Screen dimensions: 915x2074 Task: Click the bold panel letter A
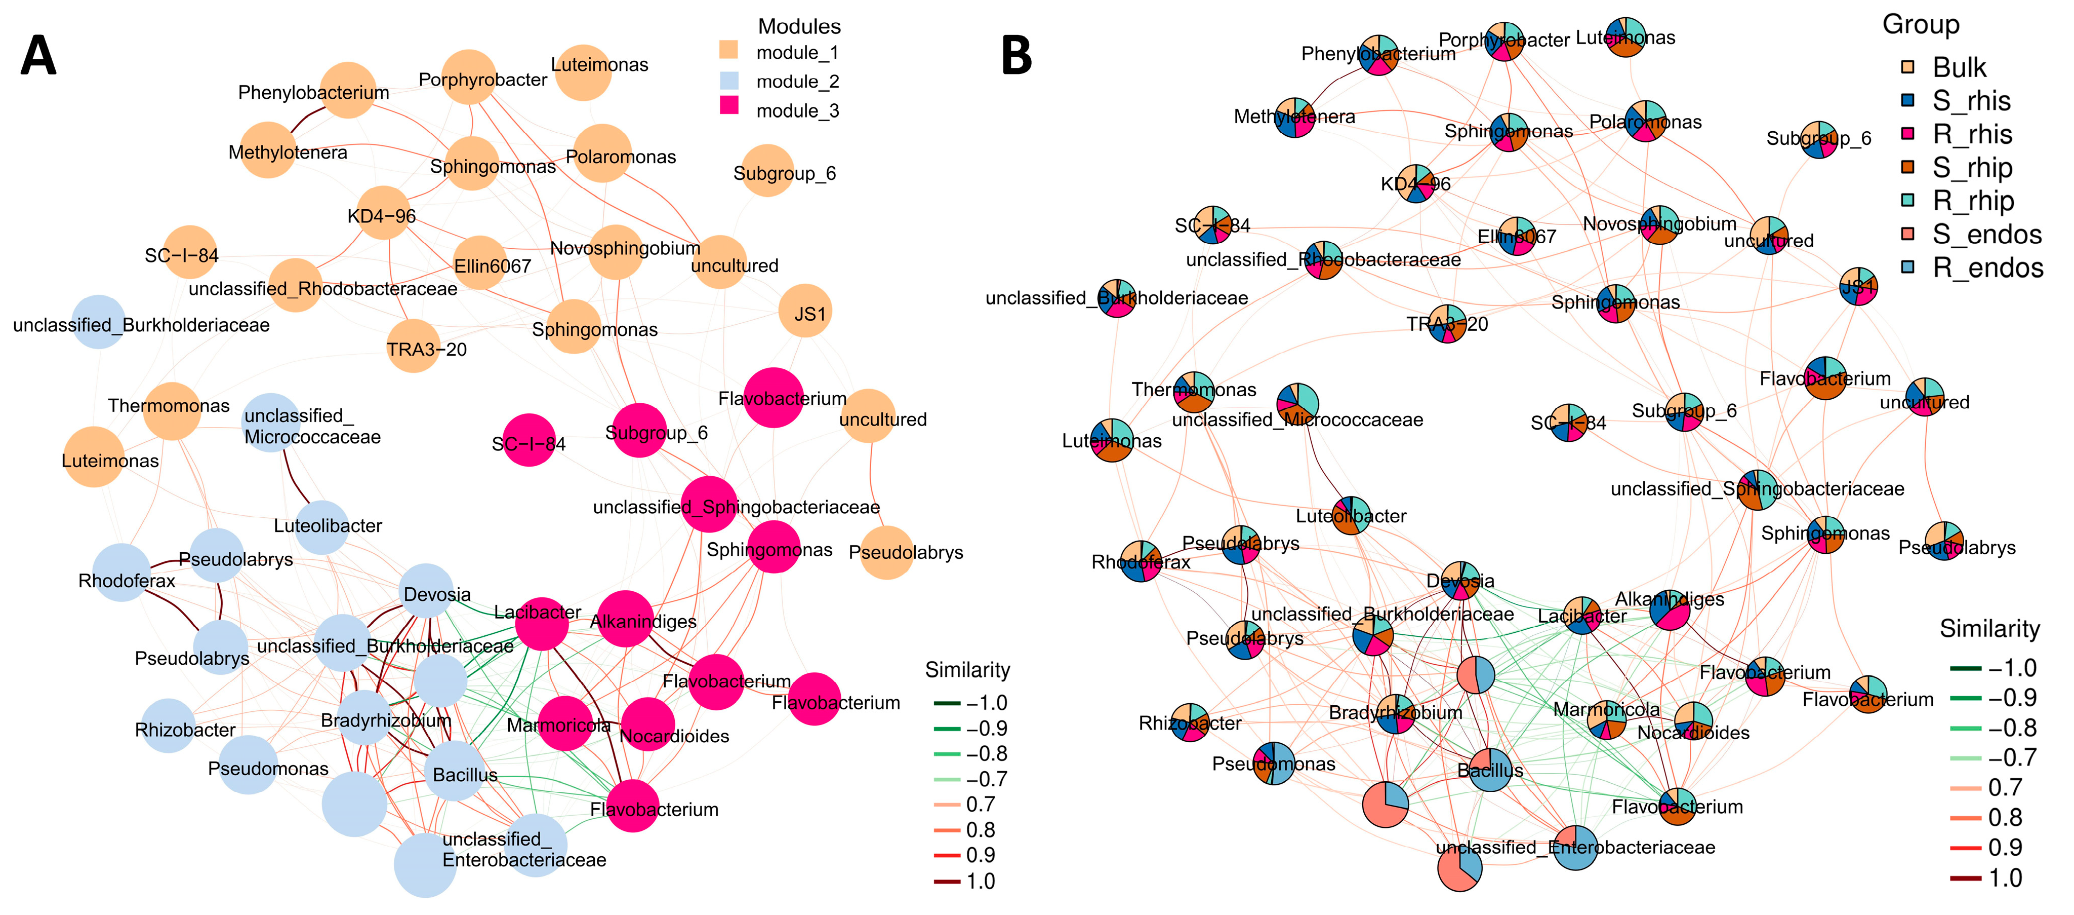pyautogui.click(x=38, y=56)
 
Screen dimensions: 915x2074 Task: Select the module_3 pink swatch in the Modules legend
pyautogui.click(x=728, y=105)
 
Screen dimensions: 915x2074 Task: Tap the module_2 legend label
pyautogui.click(x=797, y=82)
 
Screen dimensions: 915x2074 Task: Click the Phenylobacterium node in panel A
pyautogui.click(x=348, y=90)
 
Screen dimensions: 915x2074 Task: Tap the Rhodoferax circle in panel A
pyautogui.click(x=121, y=573)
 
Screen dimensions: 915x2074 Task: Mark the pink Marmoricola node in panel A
pyautogui.click(x=565, y=723)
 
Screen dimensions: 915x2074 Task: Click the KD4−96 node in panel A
pyautogui.click(x=382, y=213)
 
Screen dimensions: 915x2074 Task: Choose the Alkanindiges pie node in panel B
pyautogui.click(x=1670, y=609)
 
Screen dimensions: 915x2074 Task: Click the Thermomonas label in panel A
pyautogui.click(x=169, y=406)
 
